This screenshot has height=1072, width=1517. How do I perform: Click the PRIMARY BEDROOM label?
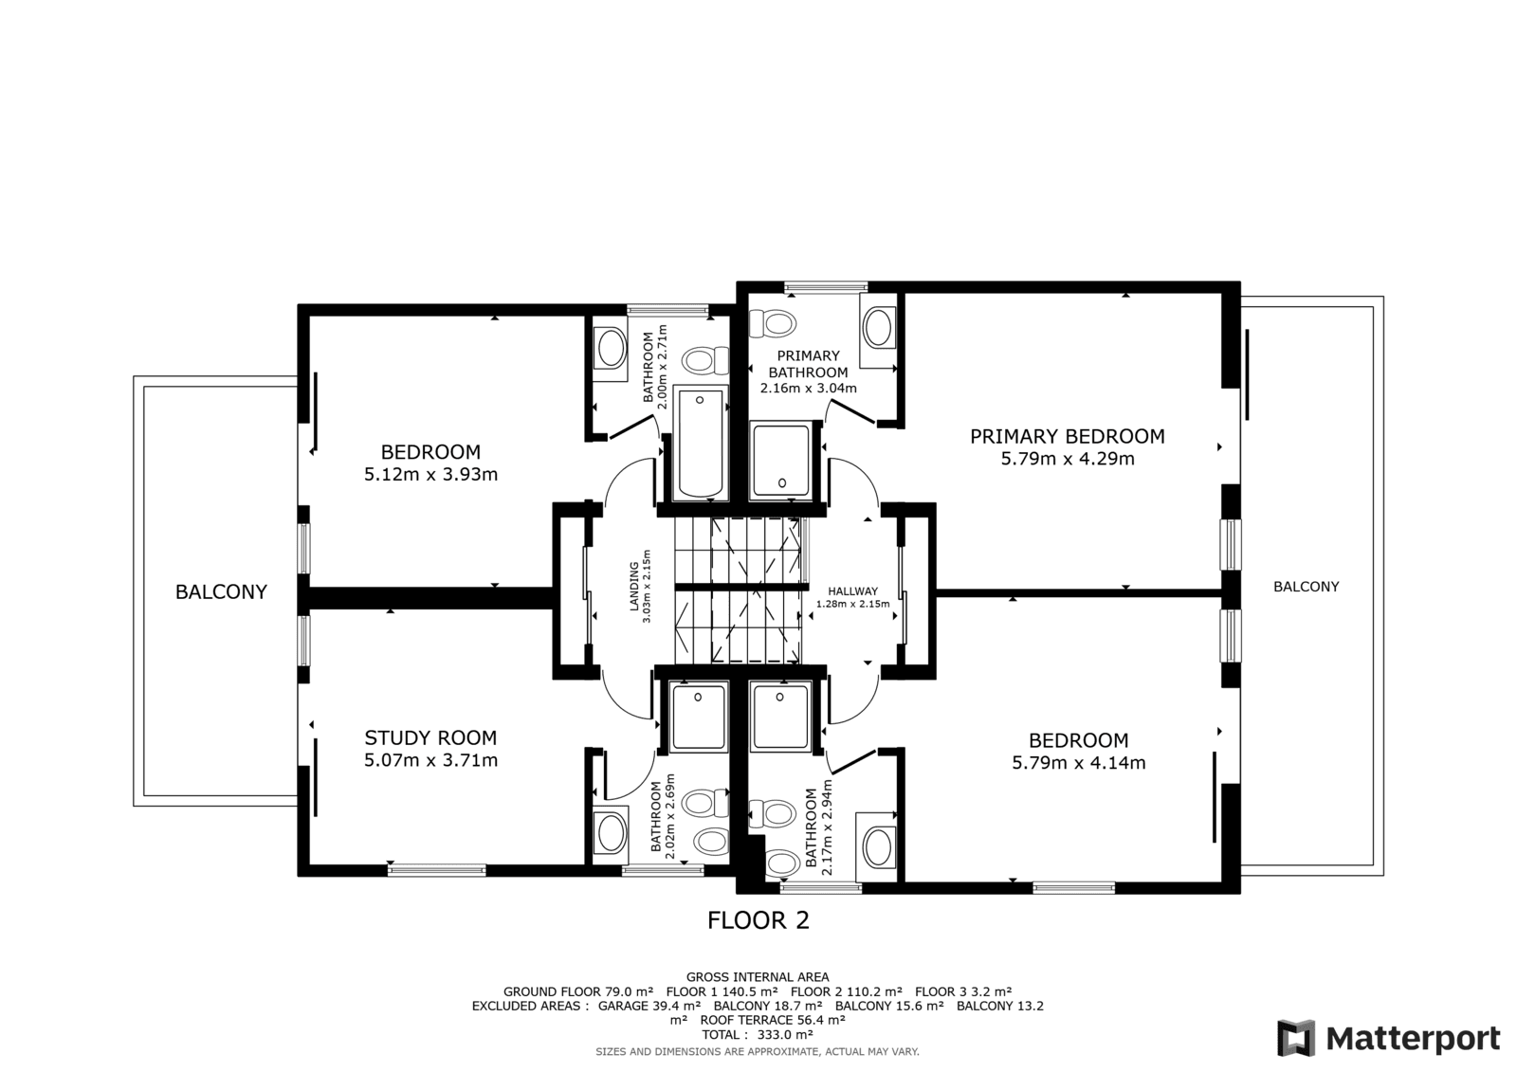tap(1068, 437)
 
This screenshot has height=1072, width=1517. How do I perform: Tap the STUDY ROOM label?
tap(430, 738)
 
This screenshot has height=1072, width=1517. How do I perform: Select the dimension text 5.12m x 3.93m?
tap(430, 475)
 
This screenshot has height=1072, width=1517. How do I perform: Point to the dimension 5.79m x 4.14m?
tap(1079, 763)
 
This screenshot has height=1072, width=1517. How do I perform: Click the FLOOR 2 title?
tap(758, 920)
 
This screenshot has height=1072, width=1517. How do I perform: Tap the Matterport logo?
tap(1389, 1038)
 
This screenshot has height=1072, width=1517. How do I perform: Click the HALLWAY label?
tap(852, 591)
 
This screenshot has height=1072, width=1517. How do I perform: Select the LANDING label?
tap(634, 587)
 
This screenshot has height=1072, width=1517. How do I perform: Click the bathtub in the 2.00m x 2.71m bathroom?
tap(701, 444)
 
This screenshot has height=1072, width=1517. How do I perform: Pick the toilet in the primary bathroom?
tap(772, 324)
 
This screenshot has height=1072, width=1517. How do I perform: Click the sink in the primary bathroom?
tap(878, 329)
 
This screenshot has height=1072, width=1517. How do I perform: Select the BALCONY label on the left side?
tap(221, 592)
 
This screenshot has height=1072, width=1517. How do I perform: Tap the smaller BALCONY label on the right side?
tap(1307, 587)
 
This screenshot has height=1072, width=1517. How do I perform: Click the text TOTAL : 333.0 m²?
tap(758, 1035)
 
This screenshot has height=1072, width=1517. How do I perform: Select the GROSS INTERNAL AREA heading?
tap(758, 977)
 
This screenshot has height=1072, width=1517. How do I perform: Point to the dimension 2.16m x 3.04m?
tap(808, 389)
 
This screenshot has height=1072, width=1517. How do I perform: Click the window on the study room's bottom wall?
tap(437, 870)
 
